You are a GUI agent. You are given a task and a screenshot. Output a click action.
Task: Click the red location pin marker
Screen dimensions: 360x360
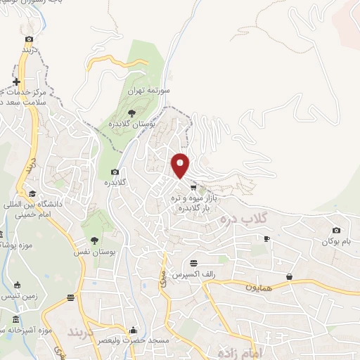click(181, 165)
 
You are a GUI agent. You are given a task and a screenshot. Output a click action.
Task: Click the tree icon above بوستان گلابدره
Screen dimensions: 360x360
click(131, 113)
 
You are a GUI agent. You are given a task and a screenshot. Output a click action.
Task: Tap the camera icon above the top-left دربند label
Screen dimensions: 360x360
click(28, 39)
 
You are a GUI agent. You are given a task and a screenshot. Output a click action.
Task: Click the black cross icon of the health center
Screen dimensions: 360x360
click(16, 82)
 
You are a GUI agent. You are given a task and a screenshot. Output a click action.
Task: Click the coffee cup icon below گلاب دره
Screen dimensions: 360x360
click(266, 239)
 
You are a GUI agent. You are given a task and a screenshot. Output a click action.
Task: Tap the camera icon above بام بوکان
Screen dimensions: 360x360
click(336, 231)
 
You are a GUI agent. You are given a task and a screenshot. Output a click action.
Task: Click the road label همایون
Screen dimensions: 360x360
click(258, 287)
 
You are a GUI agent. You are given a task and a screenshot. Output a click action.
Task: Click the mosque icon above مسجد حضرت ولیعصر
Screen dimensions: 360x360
click(134, 330)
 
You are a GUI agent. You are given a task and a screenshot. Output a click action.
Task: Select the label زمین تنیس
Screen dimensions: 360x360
click(15, 297)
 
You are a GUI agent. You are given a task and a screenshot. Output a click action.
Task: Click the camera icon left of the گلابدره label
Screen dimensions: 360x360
click(115, 172)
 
